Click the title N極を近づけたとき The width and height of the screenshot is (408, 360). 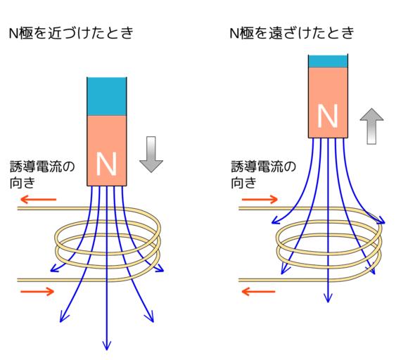[x=71, y=33]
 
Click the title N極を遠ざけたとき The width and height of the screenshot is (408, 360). [x=292, y=33]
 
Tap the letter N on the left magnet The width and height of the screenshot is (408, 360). [x=106, y=164]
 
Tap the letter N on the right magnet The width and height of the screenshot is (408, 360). [x=328, y=116]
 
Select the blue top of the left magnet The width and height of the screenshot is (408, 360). [x=107, y=96]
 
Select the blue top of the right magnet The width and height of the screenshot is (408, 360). [x=328, y=61]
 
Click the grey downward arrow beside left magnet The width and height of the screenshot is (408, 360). [x=151, y=154]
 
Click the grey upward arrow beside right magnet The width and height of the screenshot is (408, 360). [x=371, y=126]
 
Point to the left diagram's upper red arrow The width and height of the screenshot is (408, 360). [x=38, y=200]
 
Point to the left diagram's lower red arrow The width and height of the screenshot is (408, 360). [x=37, y=291]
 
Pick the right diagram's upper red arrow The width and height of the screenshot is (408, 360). [x=260, y=200]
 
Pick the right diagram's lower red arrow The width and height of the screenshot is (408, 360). [x=258, y=291]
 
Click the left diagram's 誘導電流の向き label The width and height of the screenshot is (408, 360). [x=42, y=174]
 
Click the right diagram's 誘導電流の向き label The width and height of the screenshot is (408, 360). [x=263, y=174]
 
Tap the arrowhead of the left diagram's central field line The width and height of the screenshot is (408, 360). [x=107, y=345]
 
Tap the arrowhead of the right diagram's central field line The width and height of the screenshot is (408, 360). [x=328, y=298]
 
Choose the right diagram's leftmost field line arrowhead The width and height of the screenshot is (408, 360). [x=275, y=221]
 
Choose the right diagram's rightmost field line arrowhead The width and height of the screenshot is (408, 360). [x=381, y=220]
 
